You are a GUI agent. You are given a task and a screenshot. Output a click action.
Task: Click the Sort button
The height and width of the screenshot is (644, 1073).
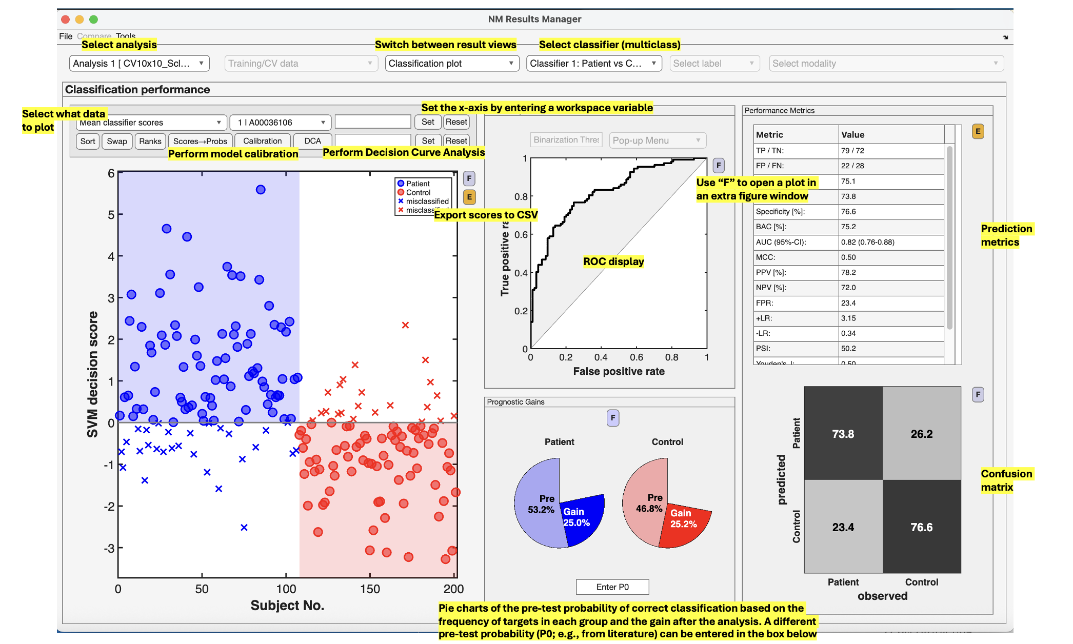point(88,141)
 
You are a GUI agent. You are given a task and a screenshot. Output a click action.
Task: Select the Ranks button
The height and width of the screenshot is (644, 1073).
point(150,141)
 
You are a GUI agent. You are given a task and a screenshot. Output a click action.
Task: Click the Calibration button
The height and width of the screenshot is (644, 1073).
point(262,141)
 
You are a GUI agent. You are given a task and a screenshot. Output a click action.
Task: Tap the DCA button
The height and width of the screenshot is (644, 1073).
point(312,141)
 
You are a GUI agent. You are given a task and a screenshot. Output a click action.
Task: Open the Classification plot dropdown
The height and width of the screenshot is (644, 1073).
point(451,64)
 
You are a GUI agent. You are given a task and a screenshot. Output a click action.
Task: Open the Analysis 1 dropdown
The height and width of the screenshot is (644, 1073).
point(139,64)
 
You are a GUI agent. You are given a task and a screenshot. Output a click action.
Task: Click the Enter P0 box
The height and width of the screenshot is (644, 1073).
point(612,587)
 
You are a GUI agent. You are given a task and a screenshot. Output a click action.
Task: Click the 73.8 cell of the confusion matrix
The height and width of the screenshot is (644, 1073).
point(843,434)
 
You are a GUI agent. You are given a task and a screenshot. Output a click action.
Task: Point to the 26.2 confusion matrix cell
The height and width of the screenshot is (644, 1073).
point(922,434)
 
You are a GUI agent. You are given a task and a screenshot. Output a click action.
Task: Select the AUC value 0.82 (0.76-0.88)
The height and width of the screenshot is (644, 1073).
point(868,242)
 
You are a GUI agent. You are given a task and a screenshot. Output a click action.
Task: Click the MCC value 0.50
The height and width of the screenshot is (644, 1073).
point(848,257)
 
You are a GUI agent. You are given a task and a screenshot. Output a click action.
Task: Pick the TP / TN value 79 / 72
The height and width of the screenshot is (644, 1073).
point(852,151)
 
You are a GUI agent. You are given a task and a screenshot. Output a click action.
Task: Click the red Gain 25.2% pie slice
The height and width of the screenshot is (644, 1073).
point(685,523)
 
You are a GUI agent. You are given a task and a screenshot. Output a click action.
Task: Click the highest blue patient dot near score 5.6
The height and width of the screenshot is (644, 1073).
point(261,190)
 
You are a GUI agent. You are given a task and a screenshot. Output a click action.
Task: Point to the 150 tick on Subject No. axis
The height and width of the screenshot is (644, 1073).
point(370,589)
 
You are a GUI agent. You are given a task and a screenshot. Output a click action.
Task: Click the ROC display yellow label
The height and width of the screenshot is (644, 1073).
point(613,261)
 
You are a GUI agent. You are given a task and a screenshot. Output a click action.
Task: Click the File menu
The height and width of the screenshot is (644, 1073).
point(66,36)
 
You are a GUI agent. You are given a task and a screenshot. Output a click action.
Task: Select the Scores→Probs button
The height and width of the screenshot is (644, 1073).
point(200,141)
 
